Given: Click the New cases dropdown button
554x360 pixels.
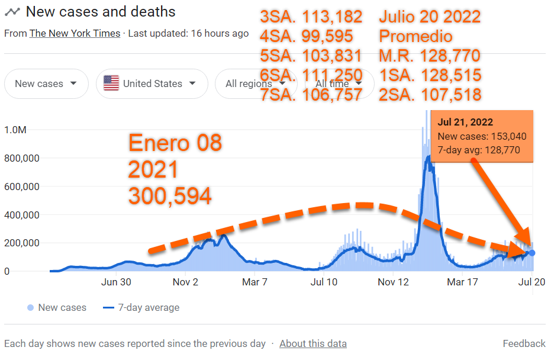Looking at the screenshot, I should point(46,83).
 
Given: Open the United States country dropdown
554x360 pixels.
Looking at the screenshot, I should point(152,83).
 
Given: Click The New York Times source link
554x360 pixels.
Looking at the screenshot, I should point(75,33).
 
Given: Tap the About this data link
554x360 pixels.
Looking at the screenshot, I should point(313,343).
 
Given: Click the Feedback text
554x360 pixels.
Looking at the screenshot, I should point(524,343).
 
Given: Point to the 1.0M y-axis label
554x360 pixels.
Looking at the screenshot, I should point(17,130).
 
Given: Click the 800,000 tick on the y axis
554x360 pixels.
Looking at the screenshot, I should point(22,158).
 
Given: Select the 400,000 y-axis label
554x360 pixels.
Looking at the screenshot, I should point(22,214).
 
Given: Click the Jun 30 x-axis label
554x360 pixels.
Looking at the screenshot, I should point(116,282).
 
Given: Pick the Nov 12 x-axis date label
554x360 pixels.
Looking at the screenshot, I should point(394,282).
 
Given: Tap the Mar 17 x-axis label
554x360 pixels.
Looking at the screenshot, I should point(462,282).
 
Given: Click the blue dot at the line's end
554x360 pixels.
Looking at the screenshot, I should point(532,253).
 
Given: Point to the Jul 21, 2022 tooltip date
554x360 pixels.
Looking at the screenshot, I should point(465,123).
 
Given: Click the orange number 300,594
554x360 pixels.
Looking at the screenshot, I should point(170,195).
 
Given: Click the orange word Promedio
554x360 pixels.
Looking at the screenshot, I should point(415,37).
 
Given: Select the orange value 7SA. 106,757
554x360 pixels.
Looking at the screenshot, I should point(311,94).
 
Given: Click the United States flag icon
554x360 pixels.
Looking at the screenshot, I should point(111,83).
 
